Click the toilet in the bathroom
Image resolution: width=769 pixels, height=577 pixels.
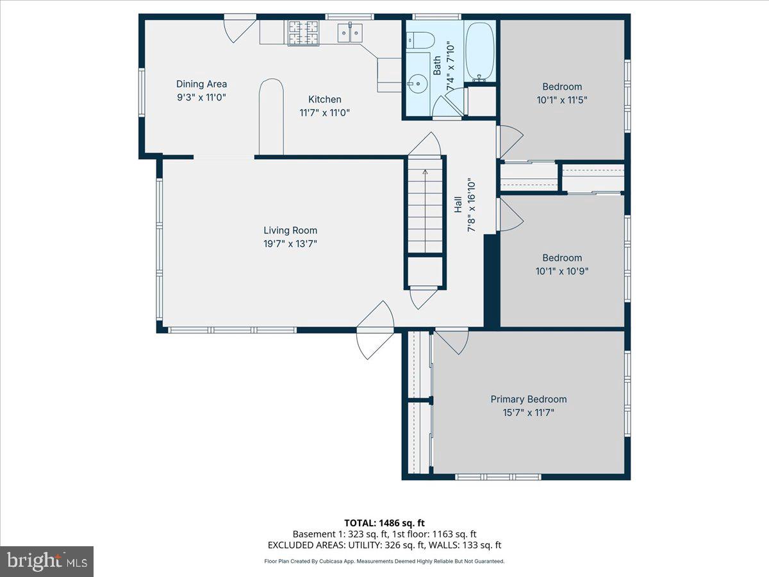point(420,40)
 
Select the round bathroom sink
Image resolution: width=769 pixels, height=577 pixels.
point(417,84)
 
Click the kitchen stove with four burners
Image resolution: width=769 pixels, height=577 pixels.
point(303,33)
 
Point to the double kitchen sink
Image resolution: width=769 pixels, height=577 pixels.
point(350,33)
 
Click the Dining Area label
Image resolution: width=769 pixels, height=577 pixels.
point(201,84)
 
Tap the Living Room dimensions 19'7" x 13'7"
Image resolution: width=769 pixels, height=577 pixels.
point(290,244)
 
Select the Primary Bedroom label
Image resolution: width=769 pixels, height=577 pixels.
point(529,399)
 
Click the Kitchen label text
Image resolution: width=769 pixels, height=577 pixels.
point(325,99)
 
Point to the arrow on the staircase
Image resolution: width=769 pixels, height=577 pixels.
point(425,211)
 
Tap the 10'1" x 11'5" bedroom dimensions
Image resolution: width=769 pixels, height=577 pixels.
point(562,100)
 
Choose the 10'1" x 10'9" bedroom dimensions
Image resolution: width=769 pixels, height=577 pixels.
point(562,271)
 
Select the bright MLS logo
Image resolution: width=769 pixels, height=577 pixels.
point(47,562)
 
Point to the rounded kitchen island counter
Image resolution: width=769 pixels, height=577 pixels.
point(271,117)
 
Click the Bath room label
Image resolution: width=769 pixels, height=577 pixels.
point(437,65)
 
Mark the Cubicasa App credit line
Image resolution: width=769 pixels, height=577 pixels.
point(384,561)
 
